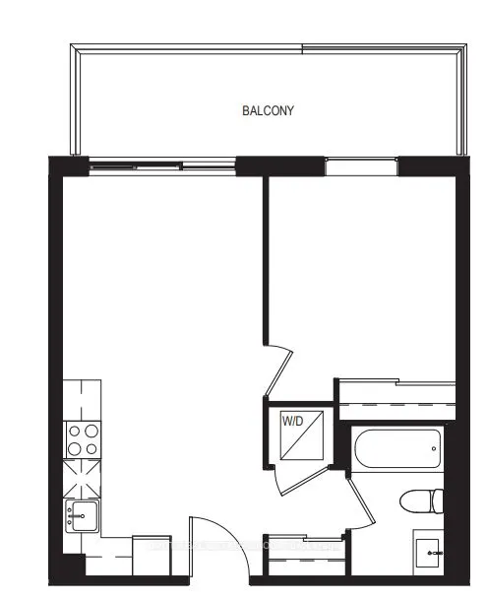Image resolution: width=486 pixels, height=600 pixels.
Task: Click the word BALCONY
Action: (268, 110)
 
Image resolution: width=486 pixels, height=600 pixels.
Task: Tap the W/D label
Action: (292, 421)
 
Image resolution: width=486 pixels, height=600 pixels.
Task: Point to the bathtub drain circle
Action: (434, 450)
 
